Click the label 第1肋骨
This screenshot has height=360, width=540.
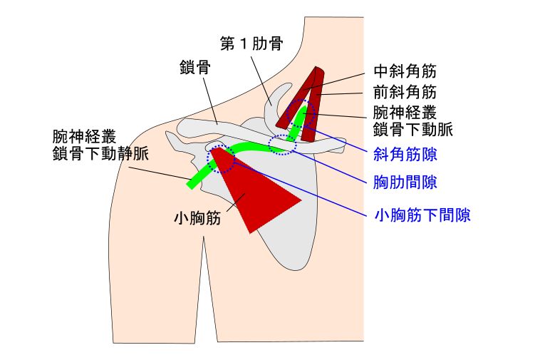[x=251, y=43]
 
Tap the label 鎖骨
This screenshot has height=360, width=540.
[x=194, y=68]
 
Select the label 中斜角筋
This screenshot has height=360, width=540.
[x=405, y=72]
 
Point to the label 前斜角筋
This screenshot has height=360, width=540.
[x=405, y=92]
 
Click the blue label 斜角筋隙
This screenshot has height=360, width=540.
[x=405, y=154]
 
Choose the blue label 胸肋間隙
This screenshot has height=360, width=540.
[x=405, y=183]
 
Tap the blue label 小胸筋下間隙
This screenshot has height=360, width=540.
[x=422, y=213]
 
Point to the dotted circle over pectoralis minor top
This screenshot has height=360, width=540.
[x=220, y=160]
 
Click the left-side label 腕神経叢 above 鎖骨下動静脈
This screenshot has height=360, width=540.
[x=84, y=135]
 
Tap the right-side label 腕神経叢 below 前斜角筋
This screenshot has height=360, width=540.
[x=405, y=113]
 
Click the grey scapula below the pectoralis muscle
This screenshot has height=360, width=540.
[x=281, y=242]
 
